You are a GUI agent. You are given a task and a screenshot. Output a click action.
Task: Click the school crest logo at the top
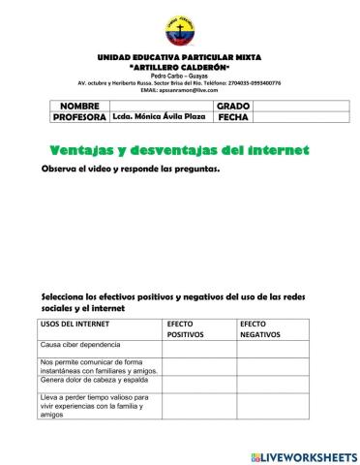(x=179, y=30)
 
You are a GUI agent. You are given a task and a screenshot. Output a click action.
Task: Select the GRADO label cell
(x=233, y=105)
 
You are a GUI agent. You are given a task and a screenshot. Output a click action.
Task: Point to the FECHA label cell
(x=233, y=116)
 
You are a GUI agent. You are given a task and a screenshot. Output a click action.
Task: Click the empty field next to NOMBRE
(x=159, y=105)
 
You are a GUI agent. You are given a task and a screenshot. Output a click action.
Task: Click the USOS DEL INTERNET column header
(x=75, y=324)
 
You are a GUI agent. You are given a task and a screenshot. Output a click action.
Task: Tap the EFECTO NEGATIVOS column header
(x=260, y=328)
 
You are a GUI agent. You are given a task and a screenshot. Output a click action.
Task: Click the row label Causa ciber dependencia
(x=80, y=345)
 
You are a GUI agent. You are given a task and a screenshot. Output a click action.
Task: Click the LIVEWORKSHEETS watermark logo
(x=303, y=456)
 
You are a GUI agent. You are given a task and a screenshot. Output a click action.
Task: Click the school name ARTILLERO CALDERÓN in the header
(x=179, y=68)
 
